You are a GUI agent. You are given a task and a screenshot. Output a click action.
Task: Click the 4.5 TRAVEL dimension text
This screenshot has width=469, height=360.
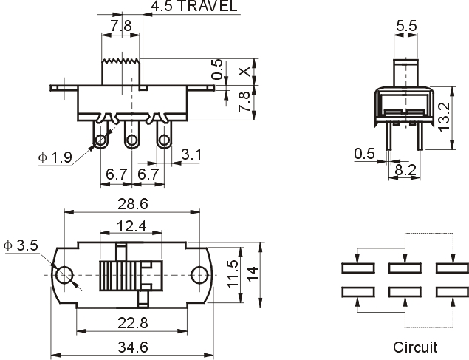click(194, 6)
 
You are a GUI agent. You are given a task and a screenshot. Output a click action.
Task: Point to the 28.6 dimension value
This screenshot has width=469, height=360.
click(133, 204)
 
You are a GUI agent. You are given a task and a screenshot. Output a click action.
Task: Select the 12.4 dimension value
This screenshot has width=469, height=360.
click(131, 226)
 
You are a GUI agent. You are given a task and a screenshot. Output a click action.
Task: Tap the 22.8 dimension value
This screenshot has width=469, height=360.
click(133, 323)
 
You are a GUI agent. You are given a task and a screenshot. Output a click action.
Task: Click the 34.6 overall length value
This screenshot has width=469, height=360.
click(133, 347)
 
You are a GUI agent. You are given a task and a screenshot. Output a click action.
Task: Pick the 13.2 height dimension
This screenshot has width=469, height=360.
click(444, 117)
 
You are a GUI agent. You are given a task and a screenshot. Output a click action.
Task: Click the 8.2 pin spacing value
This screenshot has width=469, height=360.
click(405, 170)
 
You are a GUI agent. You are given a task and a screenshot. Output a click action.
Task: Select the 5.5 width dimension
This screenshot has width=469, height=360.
click(406, 26)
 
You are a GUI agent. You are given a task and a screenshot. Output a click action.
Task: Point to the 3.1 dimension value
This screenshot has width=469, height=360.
click(191, 154)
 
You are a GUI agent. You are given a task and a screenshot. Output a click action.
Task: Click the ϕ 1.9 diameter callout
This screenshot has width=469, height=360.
click(55, 157)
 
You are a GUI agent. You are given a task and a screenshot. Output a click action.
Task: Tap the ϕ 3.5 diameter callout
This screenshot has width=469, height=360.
click(21, 245)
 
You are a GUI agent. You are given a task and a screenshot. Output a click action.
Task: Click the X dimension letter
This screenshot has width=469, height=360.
click(244, 72)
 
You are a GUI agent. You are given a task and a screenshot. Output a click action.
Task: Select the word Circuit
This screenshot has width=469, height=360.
click(415, 347)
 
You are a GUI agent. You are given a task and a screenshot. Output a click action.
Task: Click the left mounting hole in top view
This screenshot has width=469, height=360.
click(64, 275)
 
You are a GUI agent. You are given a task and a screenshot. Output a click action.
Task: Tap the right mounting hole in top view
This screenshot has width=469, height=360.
click(199, 275)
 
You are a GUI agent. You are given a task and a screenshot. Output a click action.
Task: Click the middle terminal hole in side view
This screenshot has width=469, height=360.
click(131, 140)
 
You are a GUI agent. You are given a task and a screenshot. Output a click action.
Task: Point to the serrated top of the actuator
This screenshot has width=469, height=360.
click(121, 61)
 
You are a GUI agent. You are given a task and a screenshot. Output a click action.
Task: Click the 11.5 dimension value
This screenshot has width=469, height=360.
click(233, 274)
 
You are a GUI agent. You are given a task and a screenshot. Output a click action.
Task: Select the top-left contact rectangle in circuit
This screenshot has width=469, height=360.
click(358, 268)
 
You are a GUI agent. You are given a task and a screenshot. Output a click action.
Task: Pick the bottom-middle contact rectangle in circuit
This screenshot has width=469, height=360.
click(405, 292)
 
